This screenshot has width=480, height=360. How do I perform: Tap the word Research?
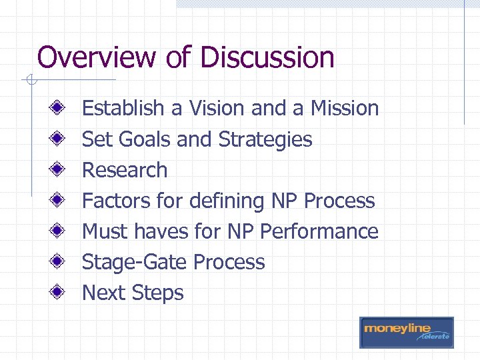pyautogui.click(x=125, y=170)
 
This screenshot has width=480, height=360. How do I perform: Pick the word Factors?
pyautogui.click(x=115, y=201)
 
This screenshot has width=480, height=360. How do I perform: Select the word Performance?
pyautogui.click(x=319, y=231)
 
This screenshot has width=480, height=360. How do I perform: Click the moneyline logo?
pyautogui.click(x=406, y=332)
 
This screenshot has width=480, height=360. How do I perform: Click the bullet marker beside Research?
pyautogui.click(x=59, y=169)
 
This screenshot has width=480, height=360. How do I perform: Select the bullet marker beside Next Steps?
pyautogui.click(x=59, y=292)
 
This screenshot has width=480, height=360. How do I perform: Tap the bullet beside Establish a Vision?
pyautogui.click(x=59, y=107)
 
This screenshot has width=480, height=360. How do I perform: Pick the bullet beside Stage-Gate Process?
pyautogui.click(x=59, y=261)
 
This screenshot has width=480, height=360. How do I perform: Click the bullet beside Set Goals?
pyautogui.click(x=59, y=139)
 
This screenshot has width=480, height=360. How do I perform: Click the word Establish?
pyautogui.click(x=123, y=108)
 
